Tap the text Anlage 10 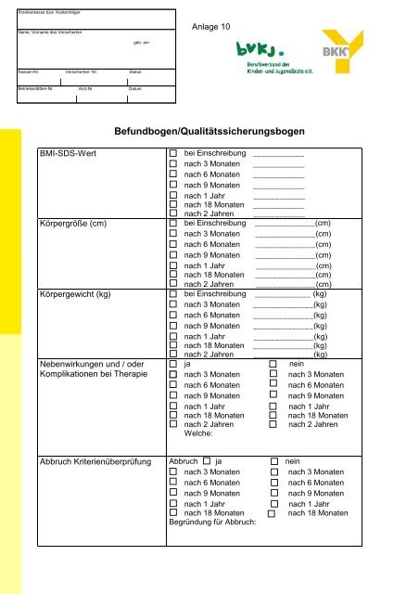pyautogui.click(x=211, y=27)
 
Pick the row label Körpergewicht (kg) pyautogui.click(x=79, y=294)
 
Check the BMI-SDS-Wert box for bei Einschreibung pyautogui.click(x=172, y=151)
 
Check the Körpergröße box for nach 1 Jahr pyautogui.click(x=172, y=265)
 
